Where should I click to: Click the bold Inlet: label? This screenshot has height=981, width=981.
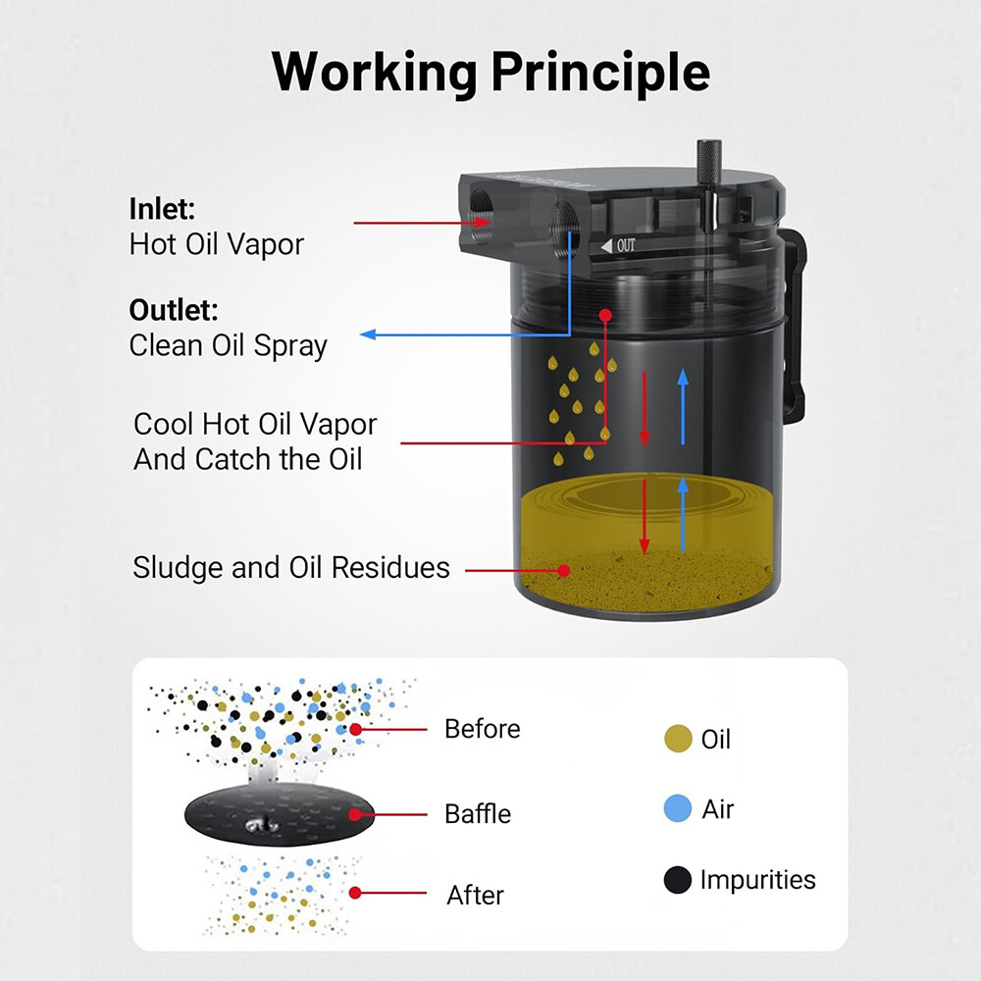(x=163, y=209)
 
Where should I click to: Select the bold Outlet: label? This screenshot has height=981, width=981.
(x=174, y=311)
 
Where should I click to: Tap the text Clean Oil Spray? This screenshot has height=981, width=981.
(x=228, y=346)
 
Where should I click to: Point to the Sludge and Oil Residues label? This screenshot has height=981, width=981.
(x=291, y=568)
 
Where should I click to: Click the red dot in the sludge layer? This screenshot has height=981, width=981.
(x=564, y=569)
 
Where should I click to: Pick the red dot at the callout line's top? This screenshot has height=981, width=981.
(x=605, y=316)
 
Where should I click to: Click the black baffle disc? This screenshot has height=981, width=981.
(x=280, y=813)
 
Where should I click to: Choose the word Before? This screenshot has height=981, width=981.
(x=482, y=729)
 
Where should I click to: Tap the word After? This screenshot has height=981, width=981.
(x=475, y=895)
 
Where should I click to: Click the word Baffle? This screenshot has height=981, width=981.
(x=478, y=813)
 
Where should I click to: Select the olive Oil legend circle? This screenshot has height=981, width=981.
(x=678, y=740)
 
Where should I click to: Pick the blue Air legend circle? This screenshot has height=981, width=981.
(x=678, y=810)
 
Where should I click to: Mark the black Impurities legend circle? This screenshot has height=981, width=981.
(x=678, y=881)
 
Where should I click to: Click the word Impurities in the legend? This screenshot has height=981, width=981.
(x=757, y=880)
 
